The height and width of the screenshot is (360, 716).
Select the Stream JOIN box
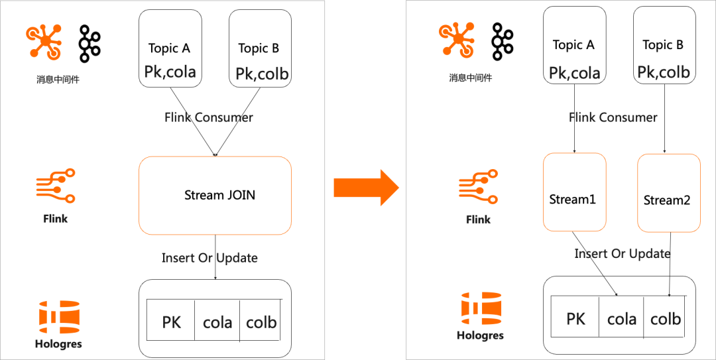pyautogui.click(x=215, y=195)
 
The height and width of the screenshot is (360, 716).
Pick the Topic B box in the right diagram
pyautogui.click(x=665, y=45)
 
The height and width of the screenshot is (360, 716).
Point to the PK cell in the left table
pyautogui.click(x=171, y=322)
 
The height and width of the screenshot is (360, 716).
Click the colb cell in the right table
pyautogui.click(x=665, y=319)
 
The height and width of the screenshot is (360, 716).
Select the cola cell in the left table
pyautogui.click(x=217, y=322)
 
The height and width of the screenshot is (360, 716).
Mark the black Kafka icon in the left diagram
pyautogui.click(x=89, y=43)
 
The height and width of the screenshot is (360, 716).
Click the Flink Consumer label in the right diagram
pyautogui.click(x=613, y=117)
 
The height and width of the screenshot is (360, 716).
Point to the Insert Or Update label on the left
pyautogui.click(x=209, y=257)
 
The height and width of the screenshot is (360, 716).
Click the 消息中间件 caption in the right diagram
pyautogui.click(x=470, y=78)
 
